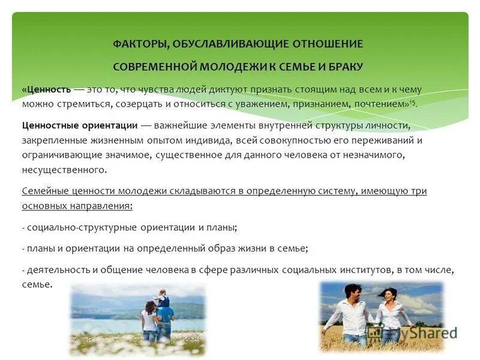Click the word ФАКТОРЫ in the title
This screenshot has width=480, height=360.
pos(139,44)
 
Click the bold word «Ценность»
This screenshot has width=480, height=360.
pos(46,89)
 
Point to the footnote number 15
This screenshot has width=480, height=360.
pos(412,102)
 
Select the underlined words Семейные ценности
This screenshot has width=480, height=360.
pos(65,191)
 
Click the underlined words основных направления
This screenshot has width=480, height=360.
pos(77,206)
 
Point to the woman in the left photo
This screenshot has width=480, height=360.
pos(149,321)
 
